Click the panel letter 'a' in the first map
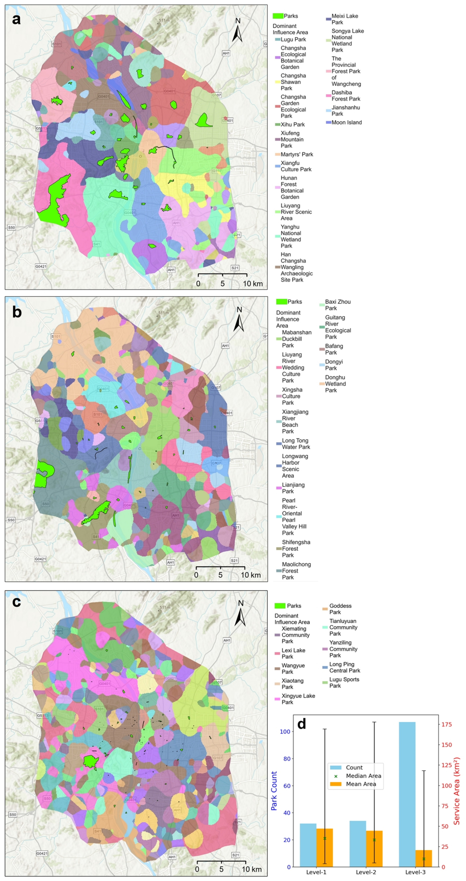[16, 19]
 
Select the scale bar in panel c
[221, 861]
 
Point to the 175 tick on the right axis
[446, 724]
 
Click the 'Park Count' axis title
[274, 791]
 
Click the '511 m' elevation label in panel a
[164, 21]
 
